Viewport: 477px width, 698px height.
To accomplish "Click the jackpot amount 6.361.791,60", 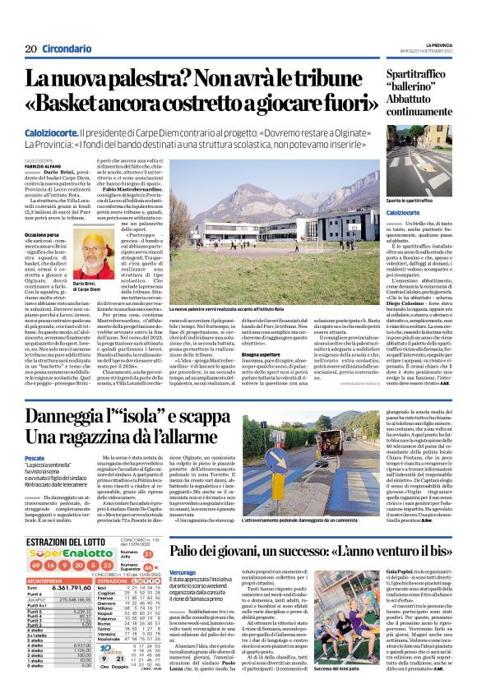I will point(78,589).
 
